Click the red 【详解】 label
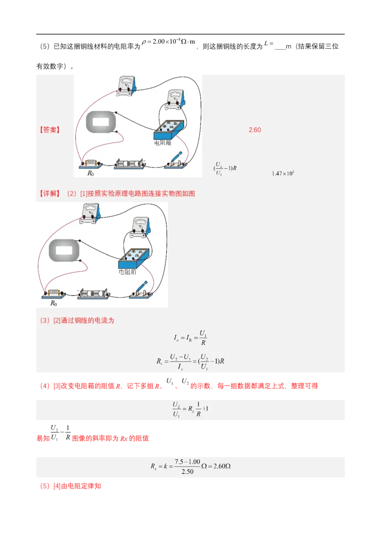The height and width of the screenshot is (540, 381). coord(49,193)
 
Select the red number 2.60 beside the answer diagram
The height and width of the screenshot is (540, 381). coord(255,130)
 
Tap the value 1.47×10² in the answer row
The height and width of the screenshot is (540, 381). coord(283,173)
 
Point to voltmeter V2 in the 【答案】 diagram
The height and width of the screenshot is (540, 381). coord(126,87)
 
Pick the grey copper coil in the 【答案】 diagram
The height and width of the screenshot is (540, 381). coord(100,122)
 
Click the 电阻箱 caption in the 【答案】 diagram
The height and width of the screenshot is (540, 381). coord(162,142)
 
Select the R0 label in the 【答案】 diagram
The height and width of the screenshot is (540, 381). coord(90,173)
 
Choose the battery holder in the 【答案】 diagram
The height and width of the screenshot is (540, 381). coord(130,165)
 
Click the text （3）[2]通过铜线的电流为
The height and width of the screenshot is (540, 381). coord(77,321)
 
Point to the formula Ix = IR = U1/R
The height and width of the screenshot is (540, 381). coord(190,338)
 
